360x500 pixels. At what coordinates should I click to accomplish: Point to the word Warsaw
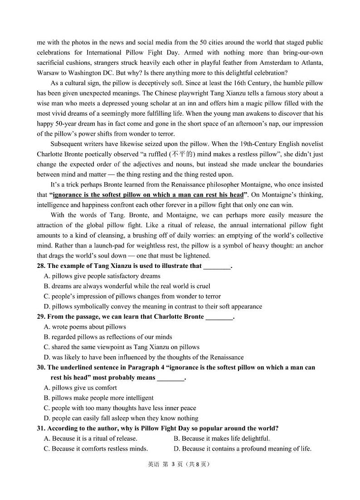point(48,73)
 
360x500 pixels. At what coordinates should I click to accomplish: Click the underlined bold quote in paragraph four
point(148,195)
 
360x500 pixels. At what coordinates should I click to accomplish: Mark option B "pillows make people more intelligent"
point(99,398)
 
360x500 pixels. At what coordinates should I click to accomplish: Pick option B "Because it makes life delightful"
point(222,438)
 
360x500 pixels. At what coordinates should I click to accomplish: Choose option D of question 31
point(243,449)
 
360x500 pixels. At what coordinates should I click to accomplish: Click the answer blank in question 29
point(219,317)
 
